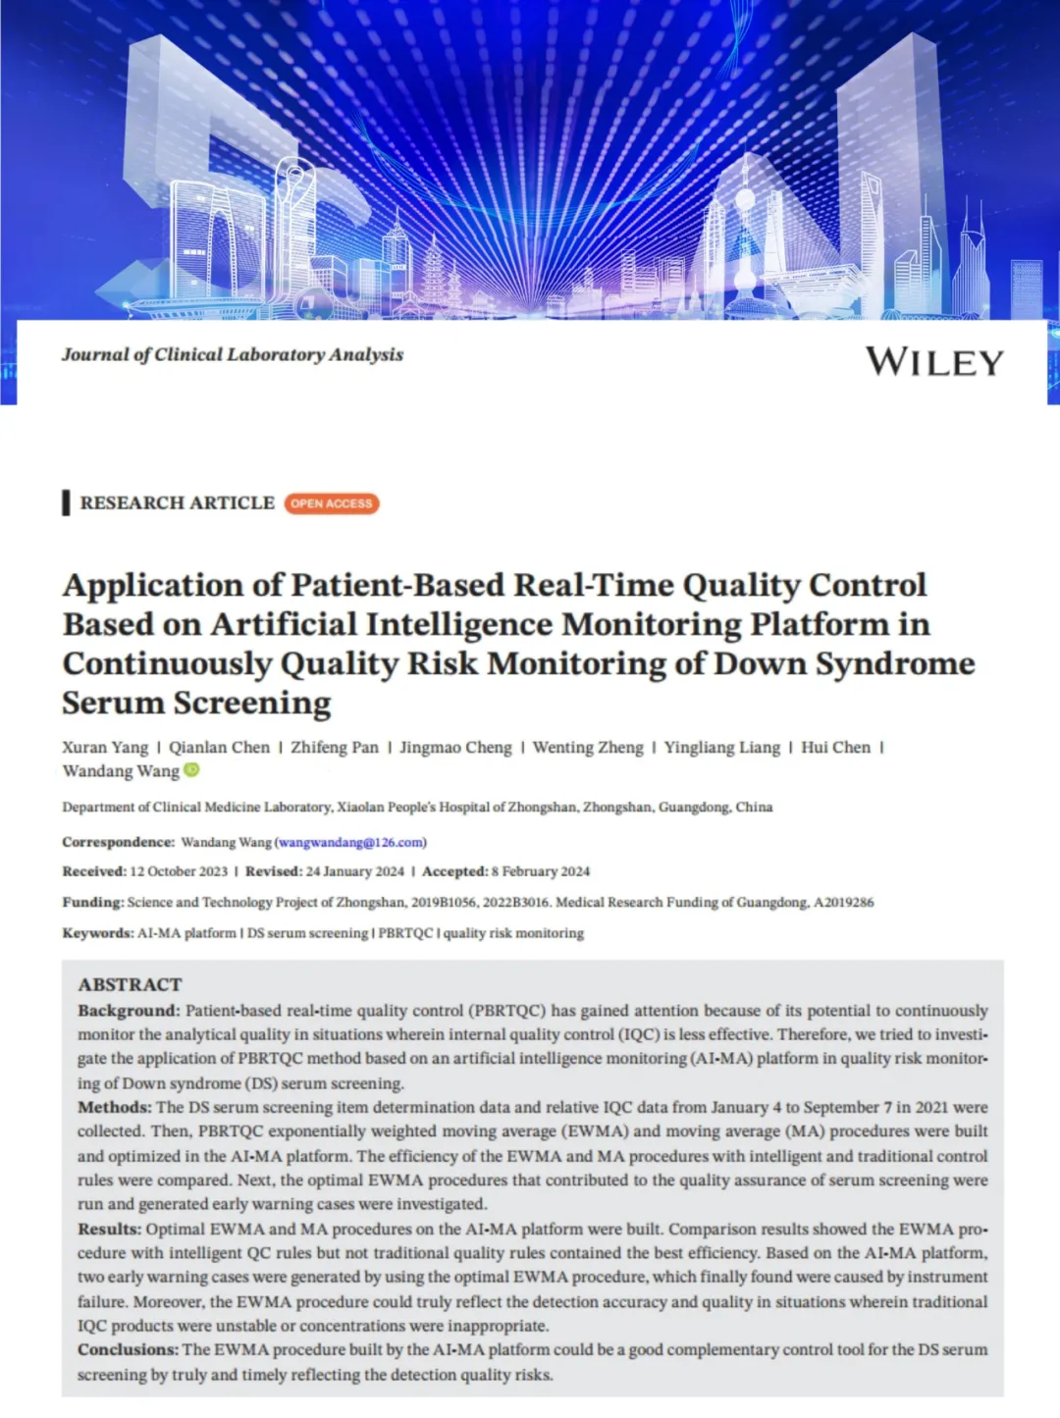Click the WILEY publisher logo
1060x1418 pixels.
click(x=933, y=362)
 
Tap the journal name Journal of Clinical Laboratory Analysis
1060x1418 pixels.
click(x=233, y=354)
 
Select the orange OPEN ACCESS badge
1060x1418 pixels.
click(x=332, y=503)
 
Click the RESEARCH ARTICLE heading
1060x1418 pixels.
click(x=177, y=502)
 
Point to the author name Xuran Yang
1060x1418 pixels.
click(x=105, y=748)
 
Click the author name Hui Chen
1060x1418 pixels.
click(x=835, y=748)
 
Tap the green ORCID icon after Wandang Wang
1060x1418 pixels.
click(x=192, y=770)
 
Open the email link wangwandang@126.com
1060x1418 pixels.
click(x=350, y=842)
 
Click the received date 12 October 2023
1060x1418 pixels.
click(x=179, y=871)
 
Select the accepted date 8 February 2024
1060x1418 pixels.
click(x=541, y=871)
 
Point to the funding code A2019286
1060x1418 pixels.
click(x=843, y=902)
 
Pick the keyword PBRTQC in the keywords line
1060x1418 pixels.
click(x=405, y=933)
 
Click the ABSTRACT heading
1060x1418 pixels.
click(x=130, y=984)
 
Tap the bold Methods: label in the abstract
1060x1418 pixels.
click(x=115, y=1107)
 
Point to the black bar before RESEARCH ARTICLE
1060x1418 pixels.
click(x=66, y=502)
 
